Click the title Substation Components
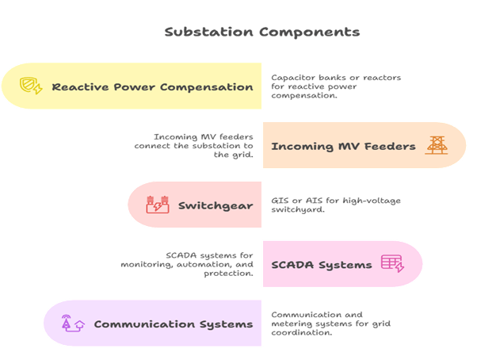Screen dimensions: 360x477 click(261, 33)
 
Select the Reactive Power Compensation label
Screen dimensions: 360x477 click(152, 86)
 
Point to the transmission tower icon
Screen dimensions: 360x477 click(436, 145)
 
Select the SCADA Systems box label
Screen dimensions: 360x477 click(321, 265)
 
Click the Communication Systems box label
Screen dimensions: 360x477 click(173, 324)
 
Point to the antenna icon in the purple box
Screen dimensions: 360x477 click(70, 324)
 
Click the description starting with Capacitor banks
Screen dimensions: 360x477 click(337, 86)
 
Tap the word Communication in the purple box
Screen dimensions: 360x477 click(143, 324)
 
